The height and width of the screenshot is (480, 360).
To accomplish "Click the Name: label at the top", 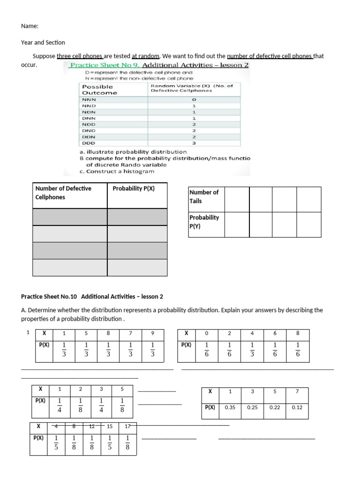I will pos(30,26).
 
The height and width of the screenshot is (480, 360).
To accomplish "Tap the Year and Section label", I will pos(43,42).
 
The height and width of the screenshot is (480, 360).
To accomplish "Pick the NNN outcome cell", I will pos(89,100).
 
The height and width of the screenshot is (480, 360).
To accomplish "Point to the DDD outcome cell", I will pos(89,143).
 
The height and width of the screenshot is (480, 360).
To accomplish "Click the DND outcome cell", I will pos(89,131).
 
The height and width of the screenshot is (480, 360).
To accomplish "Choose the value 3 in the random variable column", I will pos(194,143).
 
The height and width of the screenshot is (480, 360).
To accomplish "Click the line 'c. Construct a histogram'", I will pos(117,172).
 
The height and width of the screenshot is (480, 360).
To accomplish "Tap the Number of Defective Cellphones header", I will pos(63,193).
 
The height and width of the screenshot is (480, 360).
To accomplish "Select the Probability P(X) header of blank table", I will pos(134,188).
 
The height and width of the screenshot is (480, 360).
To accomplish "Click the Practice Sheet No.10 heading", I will pos(92,297).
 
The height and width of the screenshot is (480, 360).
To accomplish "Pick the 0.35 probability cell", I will pos(230,407).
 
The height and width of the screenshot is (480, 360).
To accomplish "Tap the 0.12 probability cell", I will pos(297,407).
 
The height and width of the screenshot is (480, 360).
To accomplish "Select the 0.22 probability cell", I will pos(275,407).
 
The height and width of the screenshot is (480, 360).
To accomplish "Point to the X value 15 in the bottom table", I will pos(110,426).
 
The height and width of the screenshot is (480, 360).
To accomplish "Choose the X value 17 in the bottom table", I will pos(127,426).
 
